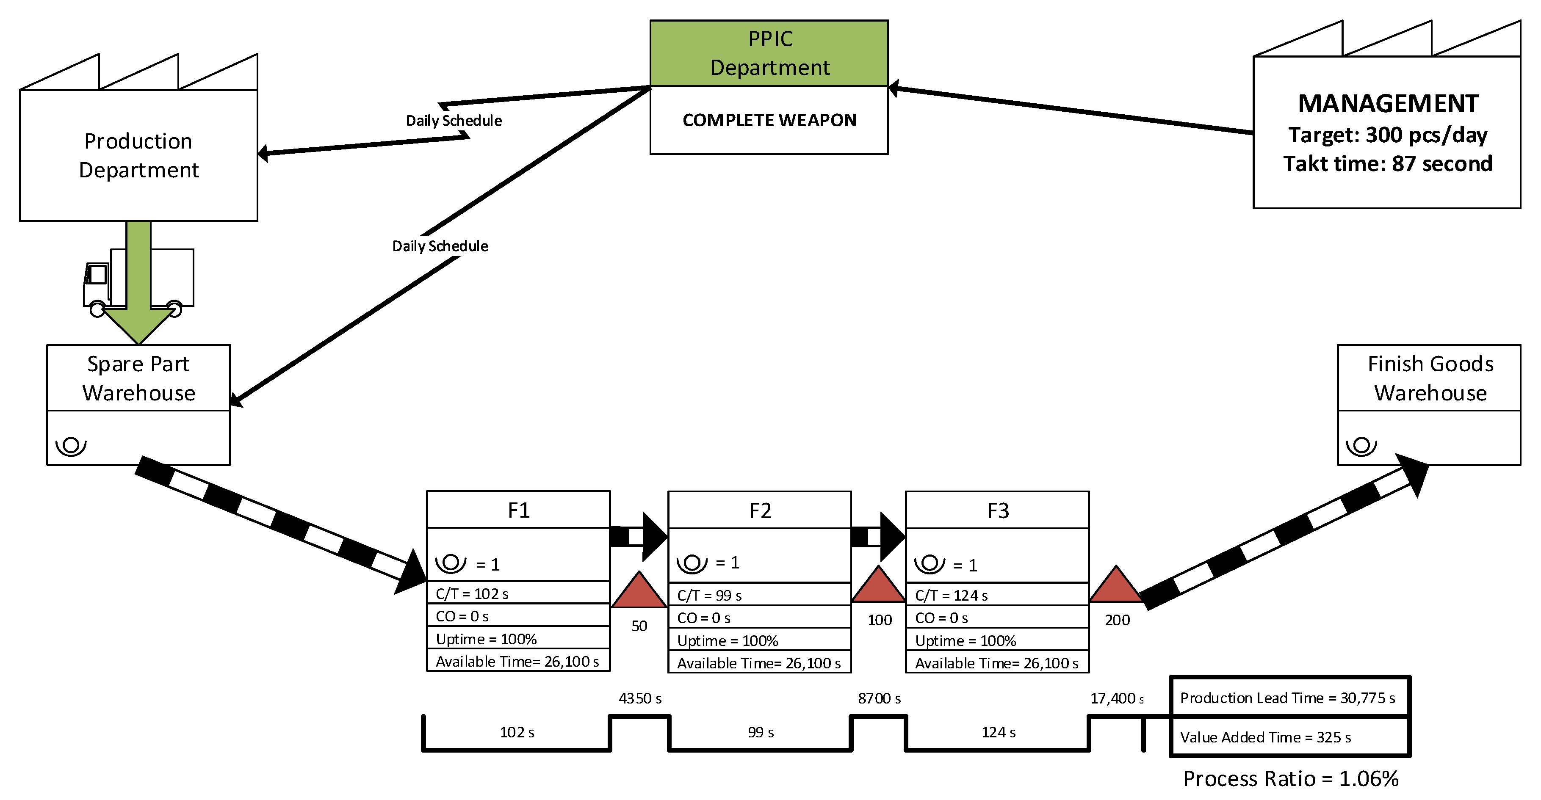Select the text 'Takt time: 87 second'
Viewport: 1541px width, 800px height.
pos(1387,164)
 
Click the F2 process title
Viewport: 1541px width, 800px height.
pos(759,510)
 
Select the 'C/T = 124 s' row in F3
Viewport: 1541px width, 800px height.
pos(996,596)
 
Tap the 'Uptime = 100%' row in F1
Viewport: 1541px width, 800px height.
pos(518,639)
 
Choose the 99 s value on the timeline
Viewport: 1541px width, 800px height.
pos(760,732)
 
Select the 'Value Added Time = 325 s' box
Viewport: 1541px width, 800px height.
pos(1289,737)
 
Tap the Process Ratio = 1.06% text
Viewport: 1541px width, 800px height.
pos(1290,778)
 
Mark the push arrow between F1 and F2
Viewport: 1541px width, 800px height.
pos(638,536)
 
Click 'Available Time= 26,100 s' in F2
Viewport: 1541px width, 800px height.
pos(758,663)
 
